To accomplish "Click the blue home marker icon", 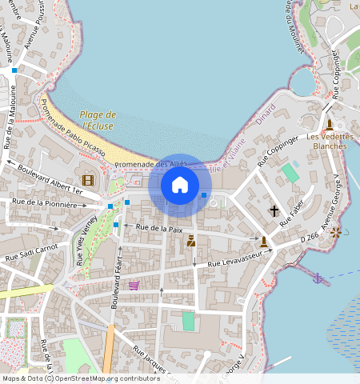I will pyautogui.click(x=180, y=185).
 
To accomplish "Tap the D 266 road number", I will pyautogui.click(x=309, y=237).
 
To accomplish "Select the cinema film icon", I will pyautogui.click(x=87, y=179).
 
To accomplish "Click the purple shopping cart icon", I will pyautogui.click(x=134, y=285).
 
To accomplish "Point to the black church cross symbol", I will pyautogui.click(x=274, y=211).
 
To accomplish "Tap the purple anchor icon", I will pyautogui.click(x=318, y=278).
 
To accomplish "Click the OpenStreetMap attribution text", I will pyautogui.click(x=70, y=378).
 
